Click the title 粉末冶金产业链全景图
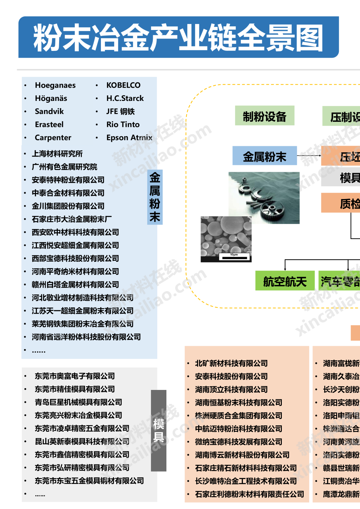pyautogui.click(x=178, y=38)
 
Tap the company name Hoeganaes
pyautogui.click(x=55, y=85)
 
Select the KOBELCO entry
pyautogui.click(x=123, y=85)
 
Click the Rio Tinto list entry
pyautogui.click(x=123, y=125)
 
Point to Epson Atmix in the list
pyautogui.click(x=129, y=138)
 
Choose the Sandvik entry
pyautogui.click(x=49, y=111)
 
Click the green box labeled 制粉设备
pyautogui.click(x=265, y=116)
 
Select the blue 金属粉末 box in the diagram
pyautogui.click(x=265, y=156)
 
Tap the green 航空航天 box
pyautogui.click(x=285, y=281)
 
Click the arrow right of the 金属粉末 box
pyautogui.click(x=309, y=156)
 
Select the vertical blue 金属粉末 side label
pyautogui.click(x=155, y=197)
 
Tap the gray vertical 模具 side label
pyautogui.click(x=158, y=430)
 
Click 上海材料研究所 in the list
pyautogui.click(x=57, y=154)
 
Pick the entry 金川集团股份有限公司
pyautogui.click(x=68, y=206)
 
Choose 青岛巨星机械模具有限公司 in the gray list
pyautogui.click(x=78, y=402)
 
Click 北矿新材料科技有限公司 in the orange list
pyautogui.click(x=231, y=363)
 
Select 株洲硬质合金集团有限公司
pyautogui.click(x=238, y=416)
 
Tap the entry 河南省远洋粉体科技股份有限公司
pyautogui.click(x=86, y=337)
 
